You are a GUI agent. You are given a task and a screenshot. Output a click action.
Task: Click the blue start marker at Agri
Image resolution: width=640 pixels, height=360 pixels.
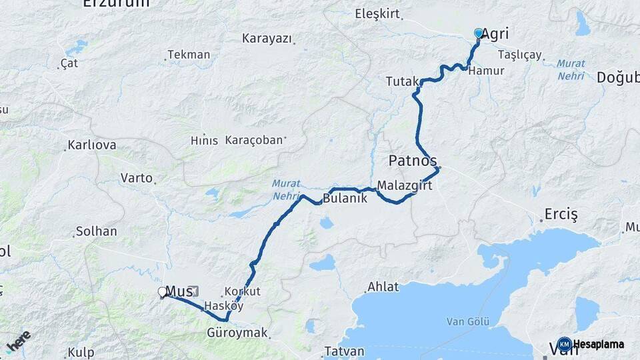pos(478,33)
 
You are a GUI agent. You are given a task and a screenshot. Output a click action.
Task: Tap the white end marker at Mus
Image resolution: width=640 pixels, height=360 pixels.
pos(162,291)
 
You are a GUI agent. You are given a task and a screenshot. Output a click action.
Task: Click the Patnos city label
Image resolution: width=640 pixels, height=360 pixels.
pos(413,161)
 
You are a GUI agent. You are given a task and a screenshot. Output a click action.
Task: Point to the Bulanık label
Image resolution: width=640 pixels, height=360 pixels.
pos(345,198)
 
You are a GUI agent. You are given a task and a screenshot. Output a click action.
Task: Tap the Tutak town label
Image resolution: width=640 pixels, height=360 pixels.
pos(401,81)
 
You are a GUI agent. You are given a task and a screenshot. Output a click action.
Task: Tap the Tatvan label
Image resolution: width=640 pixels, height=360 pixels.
pos(344,351)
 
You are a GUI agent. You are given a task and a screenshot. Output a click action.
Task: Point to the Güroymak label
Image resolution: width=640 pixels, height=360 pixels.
pos(237,332)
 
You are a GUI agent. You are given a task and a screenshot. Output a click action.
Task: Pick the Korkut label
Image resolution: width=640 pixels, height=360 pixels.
pos(243,291)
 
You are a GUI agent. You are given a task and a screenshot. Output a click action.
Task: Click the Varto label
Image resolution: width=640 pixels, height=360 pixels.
pos(136,178)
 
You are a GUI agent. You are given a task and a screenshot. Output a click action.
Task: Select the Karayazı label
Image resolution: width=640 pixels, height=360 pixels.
pos(267,38)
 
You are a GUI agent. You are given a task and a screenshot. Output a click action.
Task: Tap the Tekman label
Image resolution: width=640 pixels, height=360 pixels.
pos(189,55)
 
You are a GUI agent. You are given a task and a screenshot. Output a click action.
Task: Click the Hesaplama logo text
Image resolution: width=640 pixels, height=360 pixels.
pos(598,345)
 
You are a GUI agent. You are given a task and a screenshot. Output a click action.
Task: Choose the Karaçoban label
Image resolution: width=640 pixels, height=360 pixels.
pos(255,141)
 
